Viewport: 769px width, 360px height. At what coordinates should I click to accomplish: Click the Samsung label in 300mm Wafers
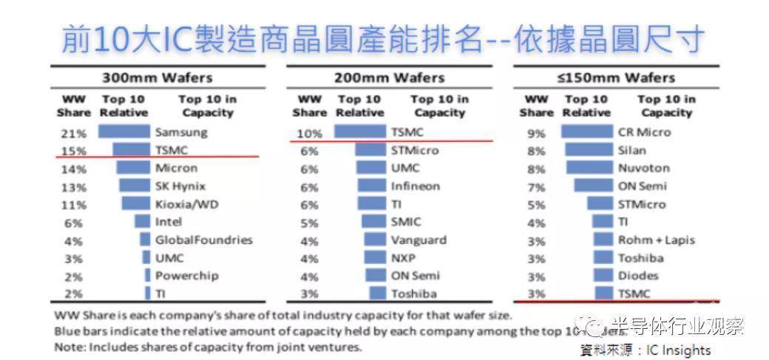181,133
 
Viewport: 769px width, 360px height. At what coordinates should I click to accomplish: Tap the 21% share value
73,134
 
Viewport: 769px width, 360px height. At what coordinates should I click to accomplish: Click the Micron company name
176,169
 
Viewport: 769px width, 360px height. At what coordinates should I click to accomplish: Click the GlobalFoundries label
203,240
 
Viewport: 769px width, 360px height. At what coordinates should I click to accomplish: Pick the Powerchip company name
186,275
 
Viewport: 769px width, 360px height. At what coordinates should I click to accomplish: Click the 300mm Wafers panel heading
156,78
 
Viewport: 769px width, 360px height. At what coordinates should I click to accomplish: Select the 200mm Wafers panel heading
389,78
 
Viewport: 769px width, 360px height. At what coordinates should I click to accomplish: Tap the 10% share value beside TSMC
309,134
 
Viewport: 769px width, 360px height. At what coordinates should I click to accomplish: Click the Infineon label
415,186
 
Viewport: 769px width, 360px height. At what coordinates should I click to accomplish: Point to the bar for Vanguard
376,240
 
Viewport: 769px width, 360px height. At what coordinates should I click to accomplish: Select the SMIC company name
406,222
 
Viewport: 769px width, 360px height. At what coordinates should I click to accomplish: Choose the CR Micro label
644,132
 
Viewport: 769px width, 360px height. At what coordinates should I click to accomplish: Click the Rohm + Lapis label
657,240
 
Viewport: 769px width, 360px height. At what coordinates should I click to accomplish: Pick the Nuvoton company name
643,168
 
